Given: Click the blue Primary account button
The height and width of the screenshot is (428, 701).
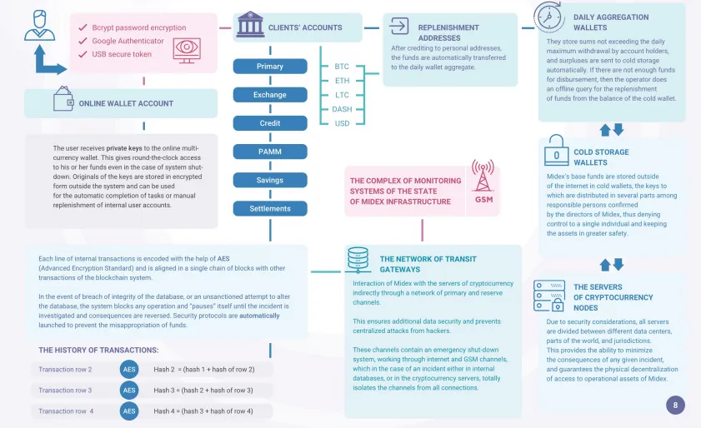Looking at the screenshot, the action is click(270, 66).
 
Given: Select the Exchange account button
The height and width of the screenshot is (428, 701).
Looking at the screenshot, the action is click(270, 95).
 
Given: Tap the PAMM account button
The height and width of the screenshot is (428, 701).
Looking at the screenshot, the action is click(270, 152).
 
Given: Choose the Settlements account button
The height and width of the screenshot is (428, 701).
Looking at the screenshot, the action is click(270, 209).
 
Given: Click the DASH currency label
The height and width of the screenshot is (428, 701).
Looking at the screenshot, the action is click(342, 109).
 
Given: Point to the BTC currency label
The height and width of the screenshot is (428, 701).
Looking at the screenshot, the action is click(342, 66).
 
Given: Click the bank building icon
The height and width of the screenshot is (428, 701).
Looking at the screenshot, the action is click(250, 24).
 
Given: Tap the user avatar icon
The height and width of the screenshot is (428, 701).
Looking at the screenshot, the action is click(40, 26).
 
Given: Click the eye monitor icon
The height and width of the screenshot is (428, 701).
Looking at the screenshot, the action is click(187, 51).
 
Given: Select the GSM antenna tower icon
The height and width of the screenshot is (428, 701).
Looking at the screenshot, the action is click(483, 176).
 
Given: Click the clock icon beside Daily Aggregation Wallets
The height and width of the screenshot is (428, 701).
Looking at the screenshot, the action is click(548, 17).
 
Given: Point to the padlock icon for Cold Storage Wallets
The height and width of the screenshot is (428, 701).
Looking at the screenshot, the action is click(556, 150).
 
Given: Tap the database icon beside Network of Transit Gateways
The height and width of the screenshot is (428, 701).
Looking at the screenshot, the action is click(358, 260).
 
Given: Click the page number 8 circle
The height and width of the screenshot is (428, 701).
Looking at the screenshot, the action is click(675, 406).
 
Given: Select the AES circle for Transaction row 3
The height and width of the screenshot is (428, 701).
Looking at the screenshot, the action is click(129, 390).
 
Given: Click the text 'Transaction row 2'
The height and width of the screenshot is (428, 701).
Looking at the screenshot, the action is click(65, 370).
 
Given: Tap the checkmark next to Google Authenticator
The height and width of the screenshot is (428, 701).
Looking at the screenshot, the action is click(83, 41).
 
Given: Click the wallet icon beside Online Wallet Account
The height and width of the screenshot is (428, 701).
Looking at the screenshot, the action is click(63, 98).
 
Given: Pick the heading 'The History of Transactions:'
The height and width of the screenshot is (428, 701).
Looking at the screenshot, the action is click(98, 351).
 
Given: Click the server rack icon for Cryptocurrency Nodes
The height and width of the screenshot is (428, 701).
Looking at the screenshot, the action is click(549, 296).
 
